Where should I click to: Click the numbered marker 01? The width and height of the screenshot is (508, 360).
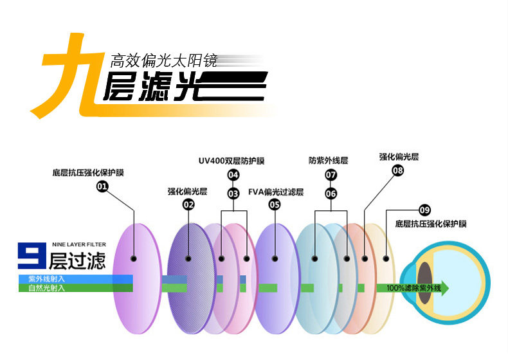pos(102,187)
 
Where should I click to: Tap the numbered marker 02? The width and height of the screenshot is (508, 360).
pos(188,205)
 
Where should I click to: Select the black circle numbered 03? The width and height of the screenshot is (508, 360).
pos(233,193)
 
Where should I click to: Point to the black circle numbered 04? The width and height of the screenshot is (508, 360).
pos(233,175)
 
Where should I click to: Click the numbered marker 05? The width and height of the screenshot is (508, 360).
pos(275,205)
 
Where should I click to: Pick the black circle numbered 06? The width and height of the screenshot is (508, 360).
pos(331,193)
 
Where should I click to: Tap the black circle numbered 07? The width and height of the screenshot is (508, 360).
pos(331,175)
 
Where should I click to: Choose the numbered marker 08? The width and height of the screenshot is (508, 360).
pos(397,170)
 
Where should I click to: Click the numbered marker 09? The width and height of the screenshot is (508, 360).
pos(424,210)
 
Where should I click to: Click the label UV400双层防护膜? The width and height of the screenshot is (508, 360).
pos(231,161)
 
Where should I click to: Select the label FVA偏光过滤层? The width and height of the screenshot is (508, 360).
pos(276,192)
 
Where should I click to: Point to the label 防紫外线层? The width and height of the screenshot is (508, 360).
pos(328,161)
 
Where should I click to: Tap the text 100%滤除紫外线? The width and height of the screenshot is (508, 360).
pos(413,288)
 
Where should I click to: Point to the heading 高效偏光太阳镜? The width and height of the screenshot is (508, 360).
pos(164,61)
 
